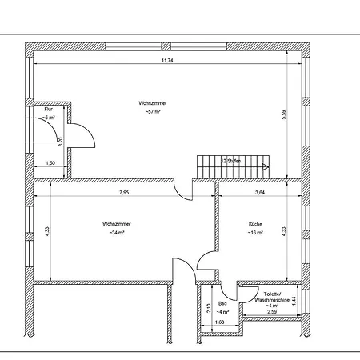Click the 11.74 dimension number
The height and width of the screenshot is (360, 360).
tap(167, 61)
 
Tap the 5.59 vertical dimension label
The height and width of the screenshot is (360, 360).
tap(284, 114)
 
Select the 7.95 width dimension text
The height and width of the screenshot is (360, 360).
tap(124, 192)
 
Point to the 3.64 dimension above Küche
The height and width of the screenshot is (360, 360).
tap(260, 192)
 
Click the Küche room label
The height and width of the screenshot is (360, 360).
tap(255, 224)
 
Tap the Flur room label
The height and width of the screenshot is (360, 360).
tap(49, 109)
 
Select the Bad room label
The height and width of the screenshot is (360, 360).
tap(222, 304)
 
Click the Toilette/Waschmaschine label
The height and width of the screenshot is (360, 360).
tap(272, 297)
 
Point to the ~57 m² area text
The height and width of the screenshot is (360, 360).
tap(153, 112)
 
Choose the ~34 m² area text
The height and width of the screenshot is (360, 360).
tap(117, 233)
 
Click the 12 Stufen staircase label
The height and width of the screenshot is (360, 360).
tap(231, 161)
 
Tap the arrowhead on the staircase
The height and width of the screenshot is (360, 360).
tap(266, 167)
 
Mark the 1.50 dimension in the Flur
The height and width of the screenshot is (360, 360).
tap(50, 163)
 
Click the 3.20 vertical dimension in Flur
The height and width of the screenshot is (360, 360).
tap(61, 142)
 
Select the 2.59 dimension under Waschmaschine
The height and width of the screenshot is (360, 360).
tap(272, 311)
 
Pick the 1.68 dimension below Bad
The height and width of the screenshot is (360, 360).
tap(219, 322)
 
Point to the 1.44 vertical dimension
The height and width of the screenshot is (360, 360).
tap(294, 301)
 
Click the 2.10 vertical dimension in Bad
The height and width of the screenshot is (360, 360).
tap(209, 308)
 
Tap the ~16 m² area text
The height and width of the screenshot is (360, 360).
tap(255, 233)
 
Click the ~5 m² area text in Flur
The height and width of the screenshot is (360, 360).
tap(49, 118)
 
